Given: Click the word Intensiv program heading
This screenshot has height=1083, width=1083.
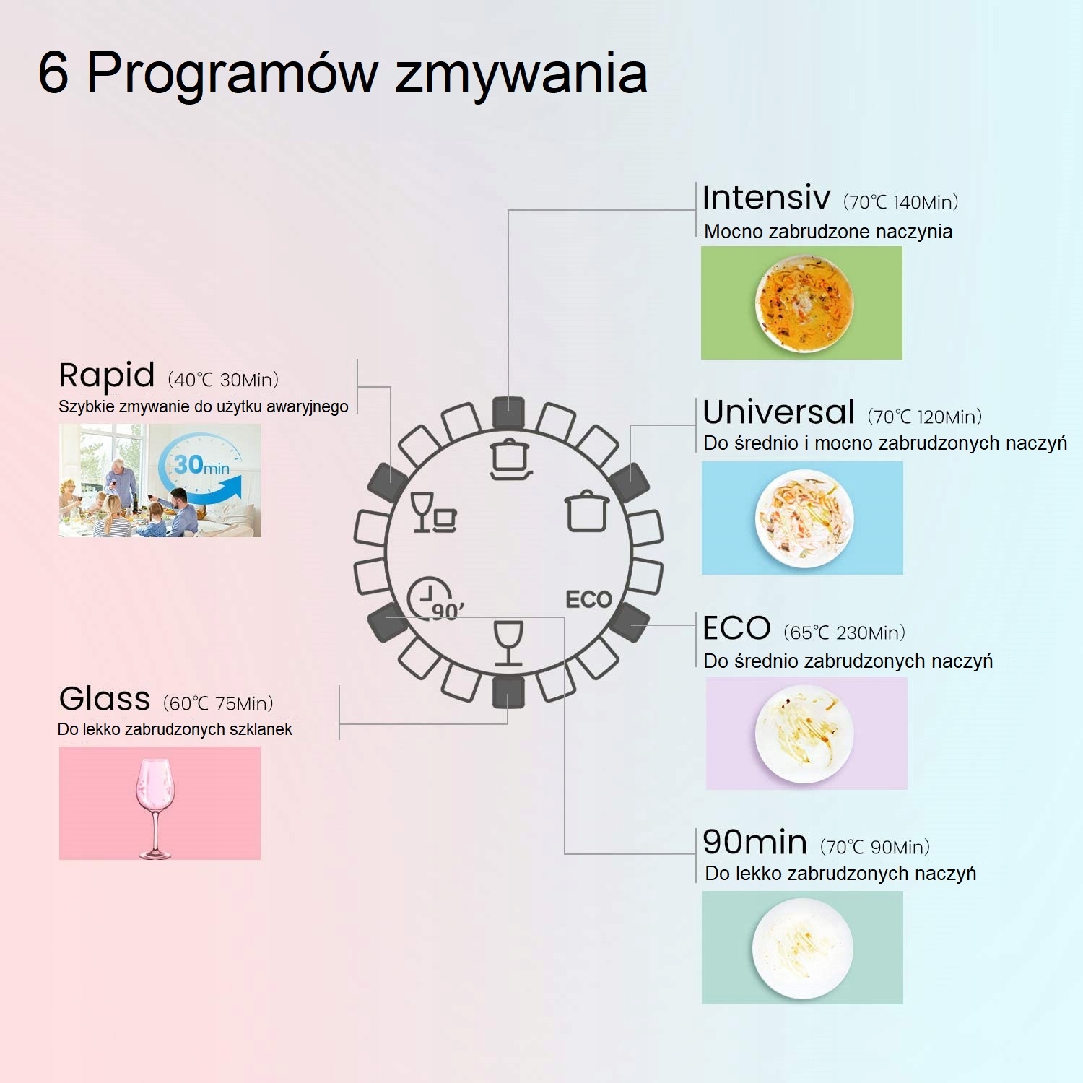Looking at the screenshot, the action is [766, 197].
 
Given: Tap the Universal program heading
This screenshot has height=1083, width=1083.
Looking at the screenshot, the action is [778, 412].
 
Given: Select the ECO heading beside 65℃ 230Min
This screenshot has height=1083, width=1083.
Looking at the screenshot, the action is [736, 628].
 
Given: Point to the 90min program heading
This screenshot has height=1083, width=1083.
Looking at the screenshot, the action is [754, 842].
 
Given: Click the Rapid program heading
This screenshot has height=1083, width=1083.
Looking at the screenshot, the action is [107, 375].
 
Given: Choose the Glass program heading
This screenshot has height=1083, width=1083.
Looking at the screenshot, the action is [105, 699].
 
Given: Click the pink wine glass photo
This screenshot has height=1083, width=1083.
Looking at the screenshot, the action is [155, 805].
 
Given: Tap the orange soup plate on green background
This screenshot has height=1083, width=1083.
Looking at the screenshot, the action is [804, 303].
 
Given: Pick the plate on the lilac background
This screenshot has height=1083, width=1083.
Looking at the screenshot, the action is [804, 734].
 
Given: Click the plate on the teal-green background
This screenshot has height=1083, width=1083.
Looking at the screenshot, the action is [802, 948].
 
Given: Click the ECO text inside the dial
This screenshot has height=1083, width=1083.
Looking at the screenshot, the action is [588, 599].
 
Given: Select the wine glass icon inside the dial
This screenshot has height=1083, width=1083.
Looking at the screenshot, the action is [508, 643].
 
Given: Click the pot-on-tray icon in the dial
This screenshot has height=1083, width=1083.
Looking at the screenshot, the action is [511, 458].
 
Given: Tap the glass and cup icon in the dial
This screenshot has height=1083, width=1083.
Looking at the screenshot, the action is [432, 512].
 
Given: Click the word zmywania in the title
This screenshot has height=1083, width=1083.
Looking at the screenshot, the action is [521, 74].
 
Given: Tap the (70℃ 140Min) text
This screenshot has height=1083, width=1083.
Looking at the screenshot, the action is [900, 202].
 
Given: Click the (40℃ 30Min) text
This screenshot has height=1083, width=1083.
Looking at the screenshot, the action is [223, 380].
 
